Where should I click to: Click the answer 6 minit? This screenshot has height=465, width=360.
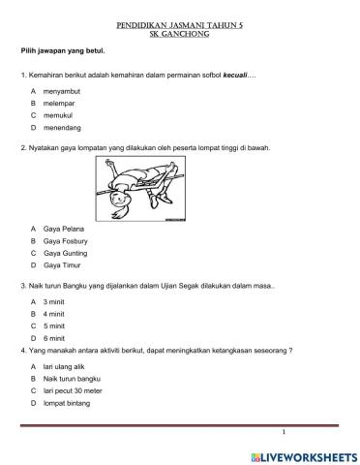click(x=55, y=338)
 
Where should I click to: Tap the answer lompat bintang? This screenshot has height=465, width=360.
click(x=65, y=404)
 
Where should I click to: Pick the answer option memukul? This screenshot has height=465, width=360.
click(x=60, y=114)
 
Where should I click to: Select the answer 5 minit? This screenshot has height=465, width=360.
click(x=55, y=326)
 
